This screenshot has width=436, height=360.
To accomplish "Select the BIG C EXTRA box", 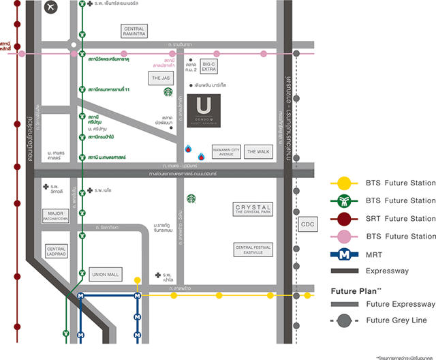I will click(x=209, y=66).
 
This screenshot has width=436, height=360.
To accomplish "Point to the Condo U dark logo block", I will click(x=204, y=110).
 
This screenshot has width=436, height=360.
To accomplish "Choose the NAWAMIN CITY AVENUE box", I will click(x=225, y=151).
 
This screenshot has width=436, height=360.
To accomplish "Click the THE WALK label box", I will click(x=258, y=151).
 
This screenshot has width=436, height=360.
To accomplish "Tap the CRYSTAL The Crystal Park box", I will click(x=253, y=209).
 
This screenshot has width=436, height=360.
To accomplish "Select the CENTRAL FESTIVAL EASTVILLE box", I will click(x=253, y=249).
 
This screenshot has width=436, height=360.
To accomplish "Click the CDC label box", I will click(x=309, y=224).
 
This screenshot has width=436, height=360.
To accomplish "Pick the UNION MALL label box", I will click(x=105, y=275).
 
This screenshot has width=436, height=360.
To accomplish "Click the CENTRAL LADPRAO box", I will click(x=57, y=252).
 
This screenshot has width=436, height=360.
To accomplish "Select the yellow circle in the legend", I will click(x=346, y=183).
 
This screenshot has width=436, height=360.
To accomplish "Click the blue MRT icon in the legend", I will click(x=346, y=254).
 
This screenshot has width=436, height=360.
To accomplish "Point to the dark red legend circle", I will click(x=346, y=218).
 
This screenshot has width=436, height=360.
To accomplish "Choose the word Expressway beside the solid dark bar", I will click(x=388, y=271).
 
